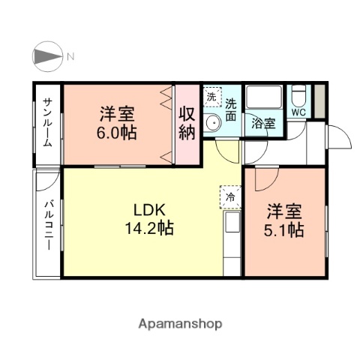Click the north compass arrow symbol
[x=47, y=56]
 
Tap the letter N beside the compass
[x=70, y=56]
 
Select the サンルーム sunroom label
[x=46, y=123]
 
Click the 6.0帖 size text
[x=118, y=135]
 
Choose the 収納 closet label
[x=187, y=124]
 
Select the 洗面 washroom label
[x=231, y=109]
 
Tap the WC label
[x=298, y=112]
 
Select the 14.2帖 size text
[x=148, y=228]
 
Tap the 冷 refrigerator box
[x=229, y=196]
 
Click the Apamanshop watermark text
[x=180, y=324]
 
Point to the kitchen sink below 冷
[x=232, y=223]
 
